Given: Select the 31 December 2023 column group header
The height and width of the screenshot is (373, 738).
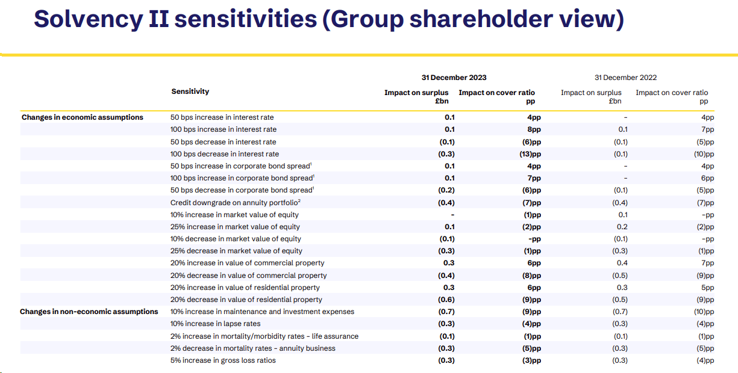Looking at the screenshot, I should coord(454,78).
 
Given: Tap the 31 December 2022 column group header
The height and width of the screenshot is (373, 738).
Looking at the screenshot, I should coord(625,78).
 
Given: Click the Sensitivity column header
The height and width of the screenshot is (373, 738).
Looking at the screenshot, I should coord(190,91).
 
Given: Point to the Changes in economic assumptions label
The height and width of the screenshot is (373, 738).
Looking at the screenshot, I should coord(83,117).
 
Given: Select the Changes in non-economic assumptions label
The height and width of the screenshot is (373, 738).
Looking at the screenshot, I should coord(89,312).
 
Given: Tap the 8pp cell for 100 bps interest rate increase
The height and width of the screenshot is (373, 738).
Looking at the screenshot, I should coord(534,129).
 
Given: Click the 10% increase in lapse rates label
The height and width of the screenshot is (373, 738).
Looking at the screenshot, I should coord(216,324).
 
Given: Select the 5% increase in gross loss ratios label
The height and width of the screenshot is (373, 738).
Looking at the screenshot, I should coord(223,360).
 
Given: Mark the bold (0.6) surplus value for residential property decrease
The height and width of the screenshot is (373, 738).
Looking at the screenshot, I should coord(446,300).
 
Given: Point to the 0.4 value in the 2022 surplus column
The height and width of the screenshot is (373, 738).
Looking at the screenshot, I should coord(622,263).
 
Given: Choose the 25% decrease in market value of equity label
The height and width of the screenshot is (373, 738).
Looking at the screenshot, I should coord(236,251).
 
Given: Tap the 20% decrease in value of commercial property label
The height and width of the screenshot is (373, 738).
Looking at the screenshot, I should coord(248,276).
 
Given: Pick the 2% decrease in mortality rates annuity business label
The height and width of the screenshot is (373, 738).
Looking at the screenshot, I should coord(253,348).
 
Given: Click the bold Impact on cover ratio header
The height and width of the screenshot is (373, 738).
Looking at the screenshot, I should coord(496,93).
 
